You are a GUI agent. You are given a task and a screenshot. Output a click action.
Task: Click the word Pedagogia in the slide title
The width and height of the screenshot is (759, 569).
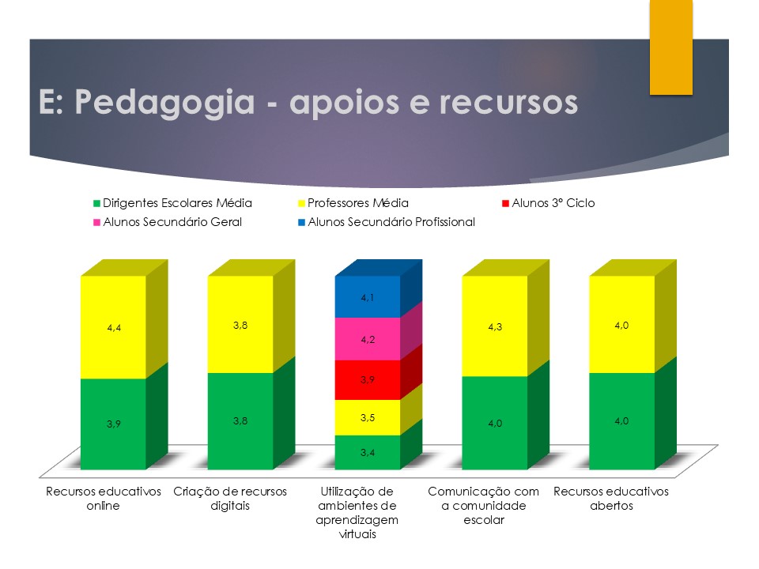164,103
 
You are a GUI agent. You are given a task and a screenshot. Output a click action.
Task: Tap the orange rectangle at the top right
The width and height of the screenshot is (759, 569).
671,47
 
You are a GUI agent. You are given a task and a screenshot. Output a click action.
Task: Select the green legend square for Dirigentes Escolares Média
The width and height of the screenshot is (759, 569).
96,204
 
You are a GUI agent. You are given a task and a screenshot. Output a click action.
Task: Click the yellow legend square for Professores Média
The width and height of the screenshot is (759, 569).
301,204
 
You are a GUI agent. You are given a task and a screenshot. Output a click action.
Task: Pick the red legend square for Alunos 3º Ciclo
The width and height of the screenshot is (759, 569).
505,203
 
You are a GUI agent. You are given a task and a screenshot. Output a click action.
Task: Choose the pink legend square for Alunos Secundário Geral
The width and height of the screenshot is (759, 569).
96,223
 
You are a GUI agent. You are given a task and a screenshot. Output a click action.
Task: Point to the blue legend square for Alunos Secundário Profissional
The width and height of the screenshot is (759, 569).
301,223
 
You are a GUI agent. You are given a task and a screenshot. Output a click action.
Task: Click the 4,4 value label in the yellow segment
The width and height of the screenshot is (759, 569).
114,328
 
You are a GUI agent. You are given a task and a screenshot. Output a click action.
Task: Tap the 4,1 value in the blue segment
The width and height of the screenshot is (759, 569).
368,298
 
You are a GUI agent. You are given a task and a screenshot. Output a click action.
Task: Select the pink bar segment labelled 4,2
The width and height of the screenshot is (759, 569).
368,339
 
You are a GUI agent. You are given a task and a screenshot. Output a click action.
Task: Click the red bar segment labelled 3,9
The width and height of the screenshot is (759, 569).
368,380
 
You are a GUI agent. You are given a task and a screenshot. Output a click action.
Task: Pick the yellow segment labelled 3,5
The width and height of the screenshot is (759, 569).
368,417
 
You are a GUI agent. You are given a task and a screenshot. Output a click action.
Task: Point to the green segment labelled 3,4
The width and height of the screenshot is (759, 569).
368,452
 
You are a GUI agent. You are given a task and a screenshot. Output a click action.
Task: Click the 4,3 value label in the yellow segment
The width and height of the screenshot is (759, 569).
495,327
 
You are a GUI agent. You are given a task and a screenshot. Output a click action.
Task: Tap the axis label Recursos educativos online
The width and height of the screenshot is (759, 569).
103,499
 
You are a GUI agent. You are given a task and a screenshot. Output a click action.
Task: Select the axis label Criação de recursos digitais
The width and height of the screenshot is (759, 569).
230,499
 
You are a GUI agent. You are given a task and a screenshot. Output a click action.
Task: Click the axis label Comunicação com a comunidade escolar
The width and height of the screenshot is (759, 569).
484,506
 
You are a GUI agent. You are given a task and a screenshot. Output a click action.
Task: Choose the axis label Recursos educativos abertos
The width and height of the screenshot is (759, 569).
611,499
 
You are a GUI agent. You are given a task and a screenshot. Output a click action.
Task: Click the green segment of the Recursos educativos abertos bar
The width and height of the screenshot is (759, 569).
622,421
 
